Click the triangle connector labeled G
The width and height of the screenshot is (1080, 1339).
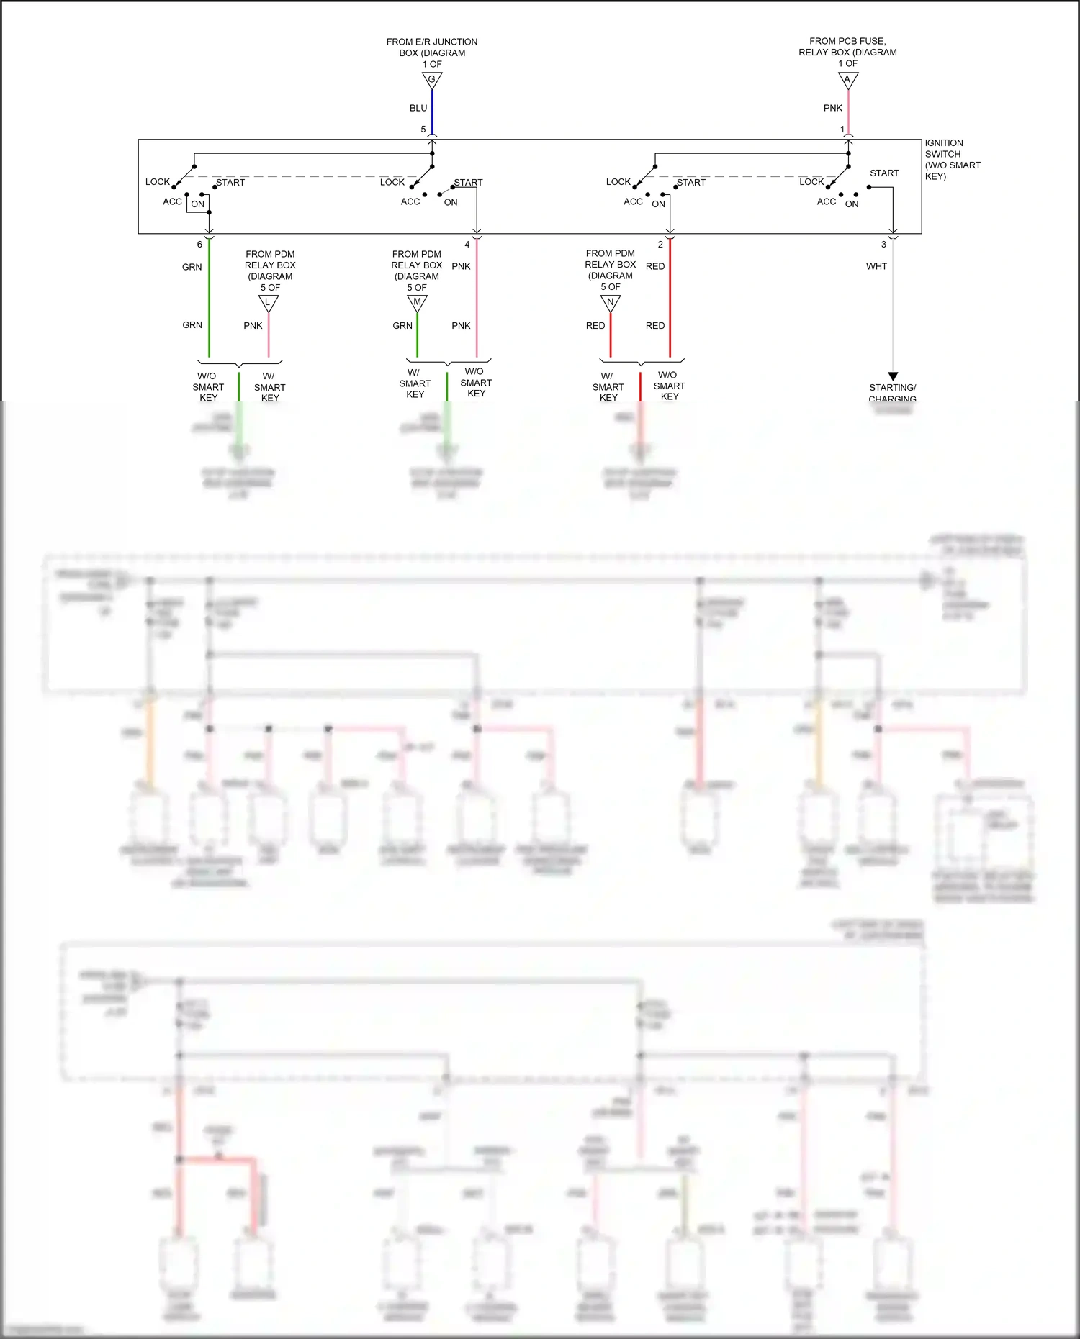click(x=432, y=80)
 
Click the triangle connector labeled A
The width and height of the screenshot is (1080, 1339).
click(x=848, y=80)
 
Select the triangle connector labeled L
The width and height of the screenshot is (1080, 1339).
click(x=269, y=303)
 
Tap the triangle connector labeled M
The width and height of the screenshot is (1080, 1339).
click(x=417, y=302)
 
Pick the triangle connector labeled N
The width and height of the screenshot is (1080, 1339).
click(x=611, y=302)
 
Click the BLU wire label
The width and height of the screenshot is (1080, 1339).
click(x=418, y=108)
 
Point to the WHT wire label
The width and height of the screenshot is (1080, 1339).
click(x=876, y=266)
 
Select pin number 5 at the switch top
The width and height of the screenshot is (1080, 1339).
click(x=423, y=130)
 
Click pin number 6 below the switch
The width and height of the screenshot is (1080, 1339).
click(x=199, y=245)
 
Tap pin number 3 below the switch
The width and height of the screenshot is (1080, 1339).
click(x=883, y=245)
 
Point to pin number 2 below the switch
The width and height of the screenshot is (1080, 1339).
click(x=660, y=245)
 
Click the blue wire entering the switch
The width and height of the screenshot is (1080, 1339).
click(x=432, y=112)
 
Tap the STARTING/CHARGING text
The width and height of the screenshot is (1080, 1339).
click(x=892, y=393)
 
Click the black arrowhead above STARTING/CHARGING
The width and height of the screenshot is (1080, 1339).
click(x=893, y=376)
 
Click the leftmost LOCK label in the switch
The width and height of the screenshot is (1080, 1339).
click(x=157, y=182)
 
